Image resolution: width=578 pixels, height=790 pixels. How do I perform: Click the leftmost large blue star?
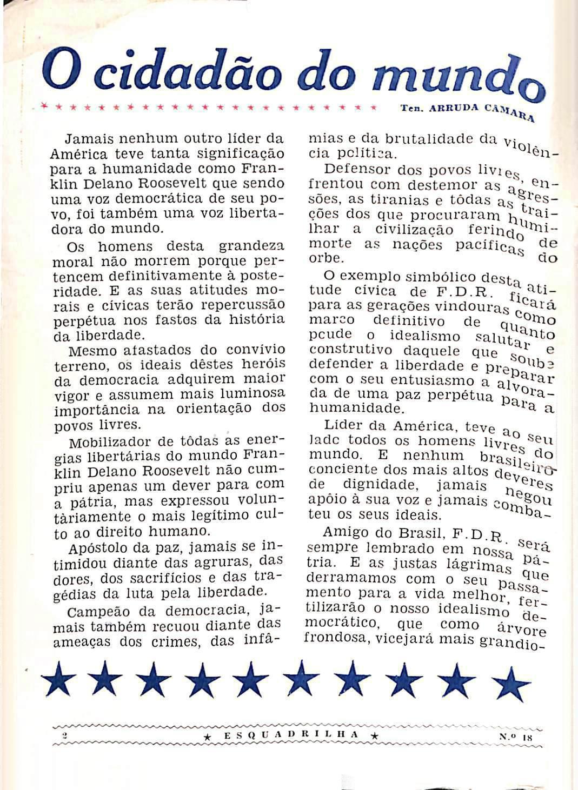point(58,681)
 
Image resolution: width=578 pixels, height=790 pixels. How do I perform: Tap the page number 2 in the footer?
point(64,735)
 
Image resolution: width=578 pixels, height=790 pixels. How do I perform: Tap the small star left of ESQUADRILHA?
point(208,735)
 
